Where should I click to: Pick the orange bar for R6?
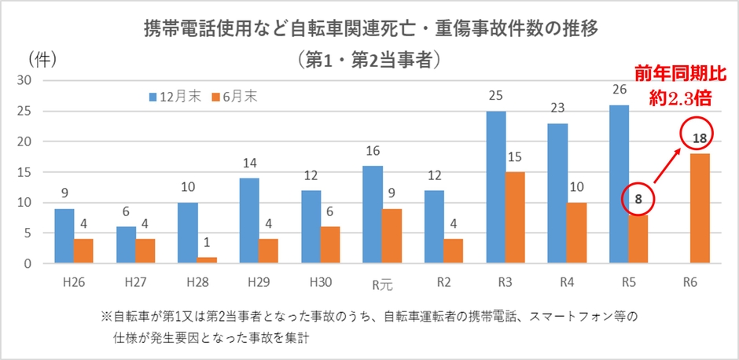pyautogui.click(x=699, y=208)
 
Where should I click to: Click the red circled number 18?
pyautogui.click(x=699, y=139)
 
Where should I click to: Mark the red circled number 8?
pyautogui.click(x=638, y=200)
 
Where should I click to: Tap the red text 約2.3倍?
pyautogui.click(x=682, y=97)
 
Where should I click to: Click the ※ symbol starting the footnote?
pyautogui.click(x=107, y=318)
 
